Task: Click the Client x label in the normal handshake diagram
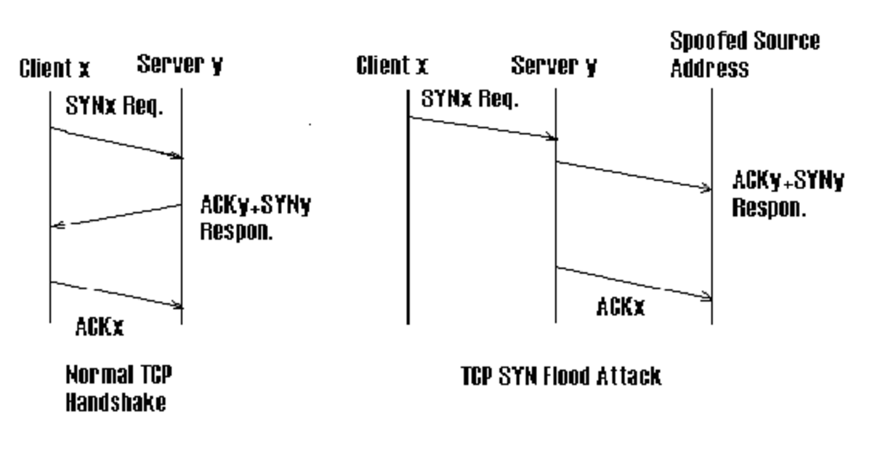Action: (x=55, y=68)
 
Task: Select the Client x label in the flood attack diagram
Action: (x=392, y=67)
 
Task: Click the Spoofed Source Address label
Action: (x=744, y=55)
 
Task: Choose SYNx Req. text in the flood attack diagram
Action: (x=470, y=100)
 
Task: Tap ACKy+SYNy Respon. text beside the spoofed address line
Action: (x=788, y=193)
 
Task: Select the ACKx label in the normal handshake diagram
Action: (x=100, y=328)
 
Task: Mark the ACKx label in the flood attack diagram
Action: (x=621, y=308)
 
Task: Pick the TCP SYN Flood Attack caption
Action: (x=561, y=377)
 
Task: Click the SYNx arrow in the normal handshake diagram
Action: (x=116, y=142)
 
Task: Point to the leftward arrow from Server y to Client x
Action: (x=116, y=216)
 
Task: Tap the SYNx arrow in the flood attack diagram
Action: (x=482, y=127)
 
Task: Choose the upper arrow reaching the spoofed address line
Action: (x=634, y=175)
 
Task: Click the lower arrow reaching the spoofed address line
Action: (x=634, y=282)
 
